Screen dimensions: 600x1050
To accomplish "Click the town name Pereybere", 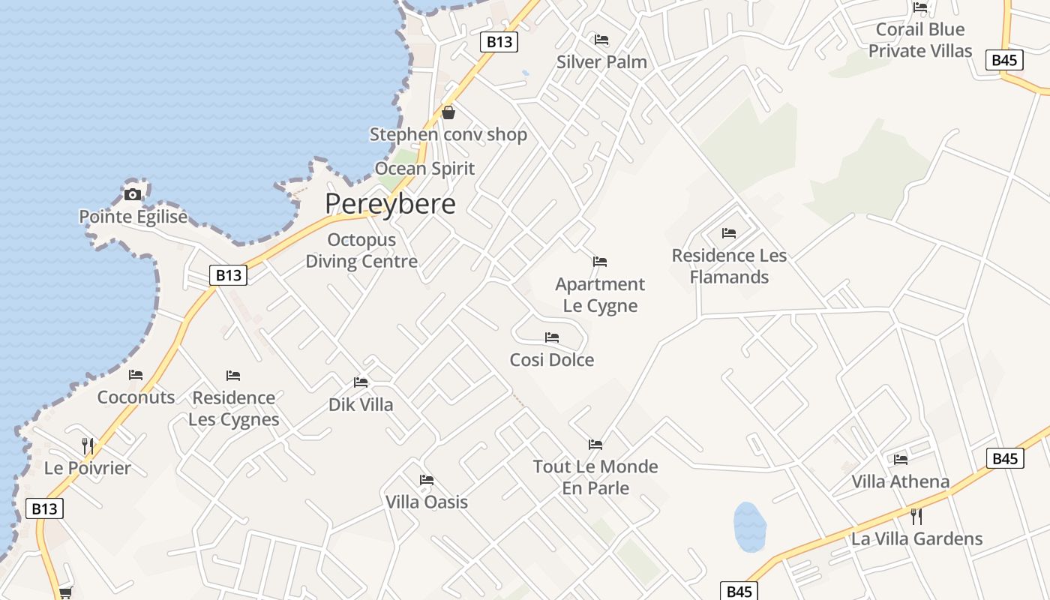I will [390, 204].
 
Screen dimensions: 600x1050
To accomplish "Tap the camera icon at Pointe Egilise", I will [133, 195].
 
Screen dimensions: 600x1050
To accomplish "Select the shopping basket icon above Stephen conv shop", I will [448, 113].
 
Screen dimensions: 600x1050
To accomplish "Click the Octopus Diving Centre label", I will [361, 251].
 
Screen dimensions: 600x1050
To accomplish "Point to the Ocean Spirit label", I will [424, 169].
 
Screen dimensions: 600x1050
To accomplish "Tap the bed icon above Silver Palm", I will [601, 40].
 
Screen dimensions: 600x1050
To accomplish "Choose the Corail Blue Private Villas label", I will [920, 40].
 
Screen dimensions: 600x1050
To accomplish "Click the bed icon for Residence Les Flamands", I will [729, 233].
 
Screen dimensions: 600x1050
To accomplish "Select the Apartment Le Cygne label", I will [600, 295].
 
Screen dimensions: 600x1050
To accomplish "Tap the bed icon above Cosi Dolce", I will [552, 337].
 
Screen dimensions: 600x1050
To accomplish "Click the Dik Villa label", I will [361, 405].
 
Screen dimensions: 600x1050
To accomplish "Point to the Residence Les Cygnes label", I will [234, 408].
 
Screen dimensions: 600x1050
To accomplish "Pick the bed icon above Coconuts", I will [136, 375].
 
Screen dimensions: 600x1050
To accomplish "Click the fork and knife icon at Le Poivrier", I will [88, 445].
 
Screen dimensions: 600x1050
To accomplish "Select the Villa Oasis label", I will [427, 502].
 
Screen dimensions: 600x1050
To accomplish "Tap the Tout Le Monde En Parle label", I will [595, 477].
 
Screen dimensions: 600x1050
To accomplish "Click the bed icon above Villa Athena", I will [901, 459].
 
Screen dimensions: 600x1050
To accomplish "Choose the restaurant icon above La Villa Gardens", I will [916, 516].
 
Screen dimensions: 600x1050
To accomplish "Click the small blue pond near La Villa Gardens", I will [749, 526].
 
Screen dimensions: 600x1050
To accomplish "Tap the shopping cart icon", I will [65, 592].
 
